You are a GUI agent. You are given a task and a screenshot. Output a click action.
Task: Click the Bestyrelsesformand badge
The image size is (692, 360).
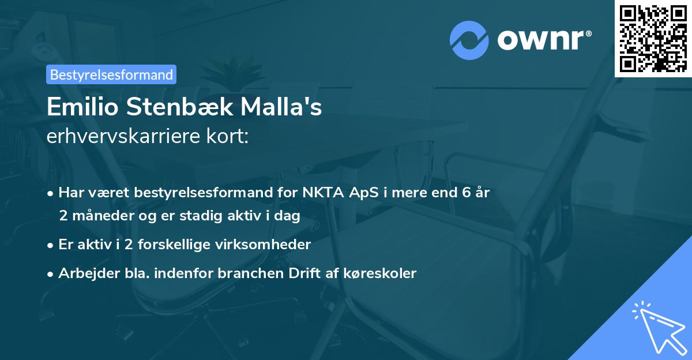111,74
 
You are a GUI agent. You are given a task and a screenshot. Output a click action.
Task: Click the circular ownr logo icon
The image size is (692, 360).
469,40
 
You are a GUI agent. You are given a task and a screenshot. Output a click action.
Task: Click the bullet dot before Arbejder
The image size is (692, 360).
51,273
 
